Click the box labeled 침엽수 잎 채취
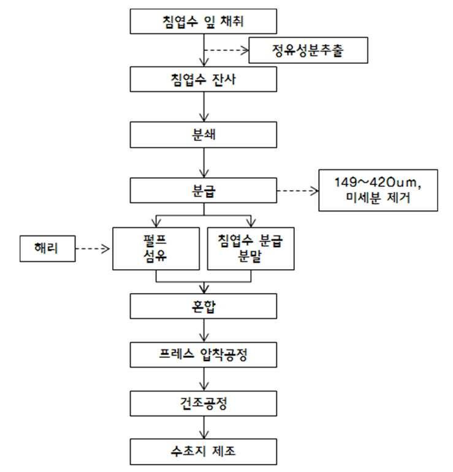point(204,21)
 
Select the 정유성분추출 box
point(308,50)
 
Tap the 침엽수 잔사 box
point(204,80)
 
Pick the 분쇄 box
point(204,135)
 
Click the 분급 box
point(204,190)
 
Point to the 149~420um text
point(378,183)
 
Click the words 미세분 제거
point(378,198)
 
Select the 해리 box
point(48,249)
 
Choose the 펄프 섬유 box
point(156,249)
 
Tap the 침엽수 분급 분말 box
point(251,249)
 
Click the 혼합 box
point(204,306)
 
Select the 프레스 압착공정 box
point(204,354)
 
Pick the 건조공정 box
point(204,404)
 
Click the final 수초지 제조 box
point(204,452)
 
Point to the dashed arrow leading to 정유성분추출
point(226,50)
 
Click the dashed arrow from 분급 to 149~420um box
point(298,191)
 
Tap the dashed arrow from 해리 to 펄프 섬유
point(93,249)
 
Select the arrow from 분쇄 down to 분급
point(204,162)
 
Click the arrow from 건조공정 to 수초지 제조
point(204,427)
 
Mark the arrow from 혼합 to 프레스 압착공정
point(204,330)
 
